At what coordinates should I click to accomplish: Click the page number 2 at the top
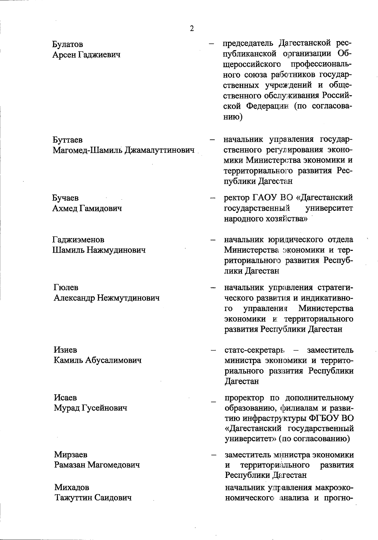pyautogui.click(x=192, y=29)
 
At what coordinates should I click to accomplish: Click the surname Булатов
pyautogui.click(x=68, y=44)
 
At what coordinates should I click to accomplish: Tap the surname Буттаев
pyautogui.click(x=68, y=140)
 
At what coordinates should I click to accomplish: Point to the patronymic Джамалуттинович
pyautogui.click(x=159, y=150)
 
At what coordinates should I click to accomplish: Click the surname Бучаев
pyautogui.click(x=66, y=198)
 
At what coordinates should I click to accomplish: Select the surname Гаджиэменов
pyautogui.click(x=78, y=240)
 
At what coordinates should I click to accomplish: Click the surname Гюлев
pyautogui.click(x=66, y=288)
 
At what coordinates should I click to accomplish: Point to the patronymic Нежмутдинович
pyautogui.click(x=128, y=298)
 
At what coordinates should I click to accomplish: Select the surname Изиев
pyautogui.click(x=65, y=350)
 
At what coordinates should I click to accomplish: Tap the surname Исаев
pyautogui.click(x=65, y=398)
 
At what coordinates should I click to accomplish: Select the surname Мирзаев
pyautogui.click(x=71, y=455)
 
